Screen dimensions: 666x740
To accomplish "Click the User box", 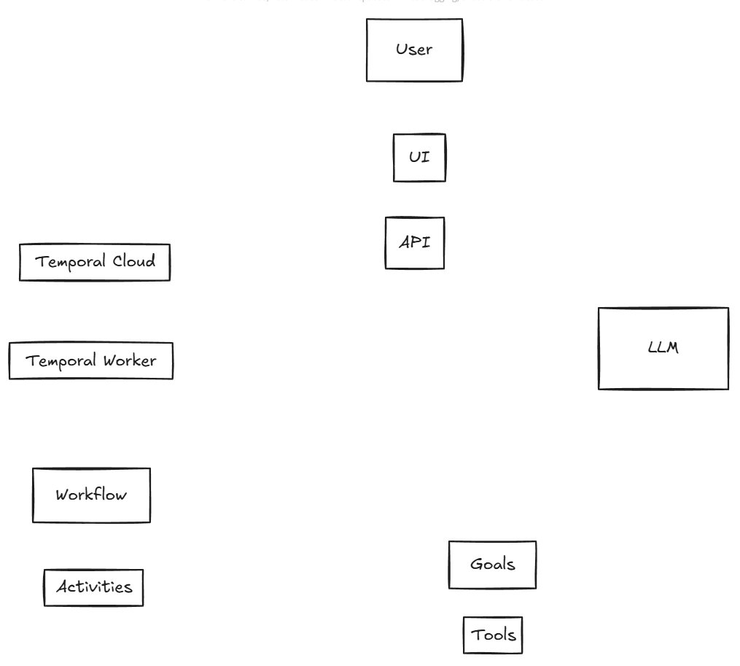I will pyautogui.click(x=414, y=50).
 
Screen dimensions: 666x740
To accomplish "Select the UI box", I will pyautogui.click(x=419, y=157).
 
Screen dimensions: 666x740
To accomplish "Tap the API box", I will pyautogui.click(x=414, y=243).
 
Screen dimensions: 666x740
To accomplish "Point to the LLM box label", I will pyautogui.click(x=663, y=348).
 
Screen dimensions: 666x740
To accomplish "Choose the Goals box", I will pyautogui.click(x=492, y=565).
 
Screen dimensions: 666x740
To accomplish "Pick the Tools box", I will pyautogui.click(x=493, y=635).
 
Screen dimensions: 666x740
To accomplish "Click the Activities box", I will pyautogui.click(x=94, y=587).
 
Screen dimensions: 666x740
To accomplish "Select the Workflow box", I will pyautogui.click(x=91, y=495).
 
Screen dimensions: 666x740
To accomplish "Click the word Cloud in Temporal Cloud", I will pyautogui.click(x=133, y=261).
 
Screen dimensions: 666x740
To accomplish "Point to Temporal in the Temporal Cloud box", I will pyautogui.click(x=71, y=262).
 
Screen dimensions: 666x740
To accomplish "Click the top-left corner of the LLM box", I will pyautogui.click(x=599, y=309).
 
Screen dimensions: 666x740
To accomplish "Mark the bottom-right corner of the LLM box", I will pyautogui.click(x=728, y=388).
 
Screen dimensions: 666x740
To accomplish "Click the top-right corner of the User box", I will pyautogui.click(x=462, y=20).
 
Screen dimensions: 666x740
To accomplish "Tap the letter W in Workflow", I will pyautogui.click(x=63, y=495).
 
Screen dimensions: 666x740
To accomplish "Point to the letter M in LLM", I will pyautogui.click(x=671, y=348).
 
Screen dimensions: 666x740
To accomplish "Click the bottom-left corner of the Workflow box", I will pyautogui.click(x=34, y=521).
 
